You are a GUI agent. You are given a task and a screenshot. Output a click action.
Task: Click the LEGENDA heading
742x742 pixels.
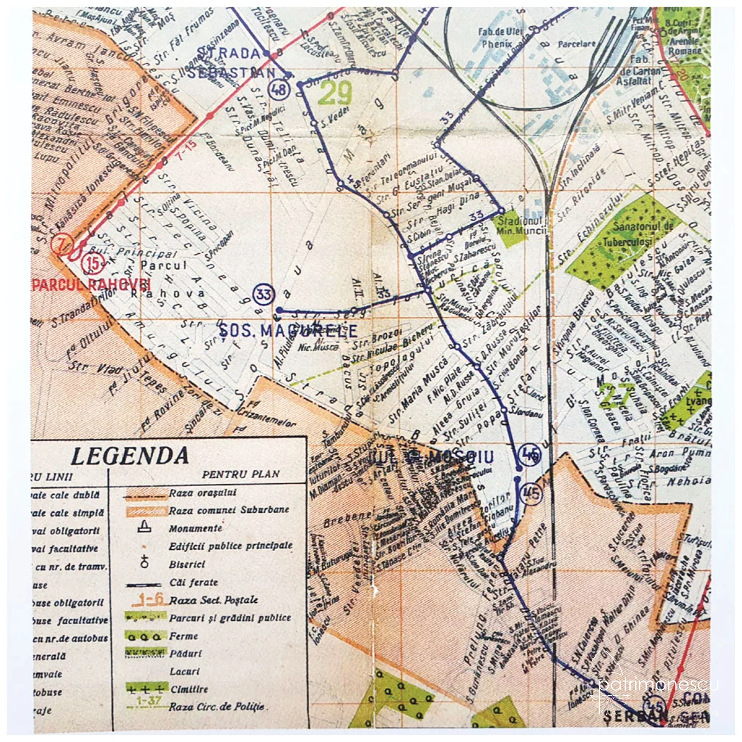(130, 456)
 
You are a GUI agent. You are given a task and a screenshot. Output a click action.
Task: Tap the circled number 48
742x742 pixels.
(279, 89)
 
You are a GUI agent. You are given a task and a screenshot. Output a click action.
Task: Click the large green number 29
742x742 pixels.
(335, 93)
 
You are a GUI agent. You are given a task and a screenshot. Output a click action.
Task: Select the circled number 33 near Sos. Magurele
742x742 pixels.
(264, 294)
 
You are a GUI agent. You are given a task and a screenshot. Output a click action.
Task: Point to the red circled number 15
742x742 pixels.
(93, 263)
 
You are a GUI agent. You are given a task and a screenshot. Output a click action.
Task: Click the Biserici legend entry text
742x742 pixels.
(187, 564)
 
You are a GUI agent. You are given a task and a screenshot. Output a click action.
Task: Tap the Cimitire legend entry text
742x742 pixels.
(189, 689)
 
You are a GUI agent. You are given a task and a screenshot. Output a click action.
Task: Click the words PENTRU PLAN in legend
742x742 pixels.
(240, 474)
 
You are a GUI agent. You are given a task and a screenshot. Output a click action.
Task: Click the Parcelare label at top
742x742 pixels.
(576, 44)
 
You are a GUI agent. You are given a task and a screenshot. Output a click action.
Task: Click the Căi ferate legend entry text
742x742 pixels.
(194, 582)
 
